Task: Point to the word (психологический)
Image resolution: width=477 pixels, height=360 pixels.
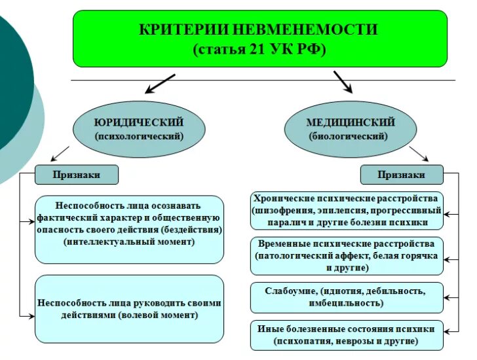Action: (x=138, y=137)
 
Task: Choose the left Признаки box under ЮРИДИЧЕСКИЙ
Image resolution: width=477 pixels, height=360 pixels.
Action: (x=77, y=175)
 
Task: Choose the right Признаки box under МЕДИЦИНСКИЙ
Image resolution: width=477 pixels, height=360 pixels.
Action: (x=402, y=175)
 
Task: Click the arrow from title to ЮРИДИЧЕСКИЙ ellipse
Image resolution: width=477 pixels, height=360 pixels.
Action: (x=159, y=84)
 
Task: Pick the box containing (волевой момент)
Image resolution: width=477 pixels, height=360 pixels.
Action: (x=129, y=308)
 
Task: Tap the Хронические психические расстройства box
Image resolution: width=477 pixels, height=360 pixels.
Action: (x=347, y=210)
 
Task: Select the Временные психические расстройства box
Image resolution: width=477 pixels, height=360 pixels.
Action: (x=347, y=255)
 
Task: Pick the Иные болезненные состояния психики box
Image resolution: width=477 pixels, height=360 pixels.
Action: (x=347, y=335)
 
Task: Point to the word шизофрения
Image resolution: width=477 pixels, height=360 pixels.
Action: (x=284, y=211)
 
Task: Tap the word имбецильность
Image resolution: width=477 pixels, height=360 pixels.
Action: (x=345, y=304)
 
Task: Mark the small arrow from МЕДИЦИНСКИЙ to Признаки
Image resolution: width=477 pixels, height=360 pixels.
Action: (x=419, y=154)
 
